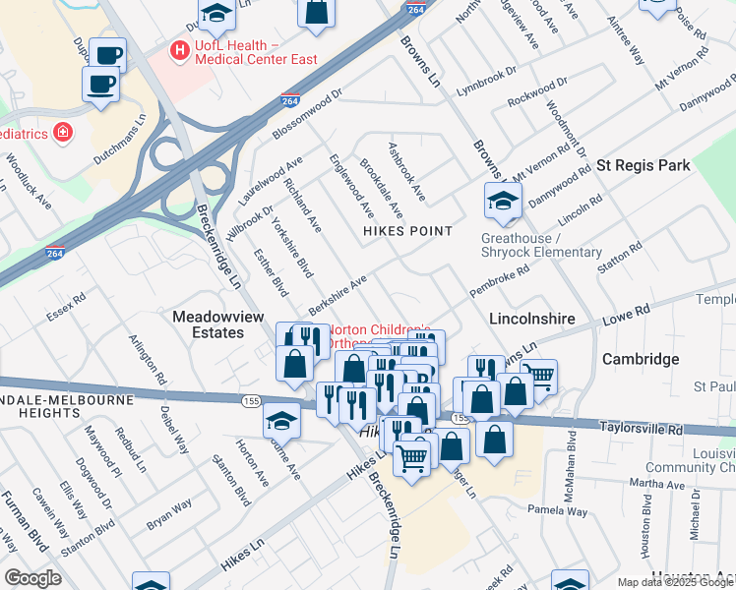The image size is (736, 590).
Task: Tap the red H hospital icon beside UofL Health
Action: click(179, 47)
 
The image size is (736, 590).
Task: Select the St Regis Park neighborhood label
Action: click(644, 165)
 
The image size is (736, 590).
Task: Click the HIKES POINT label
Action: click(407, 231)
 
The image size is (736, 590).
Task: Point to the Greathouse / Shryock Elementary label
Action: click(541, 245)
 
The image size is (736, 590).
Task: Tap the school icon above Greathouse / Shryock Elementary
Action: click(502, 202)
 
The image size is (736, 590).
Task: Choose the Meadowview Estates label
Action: click(222, 324)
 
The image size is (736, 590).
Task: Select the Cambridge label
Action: click(641, 359)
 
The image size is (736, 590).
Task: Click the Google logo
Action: click(32, 577)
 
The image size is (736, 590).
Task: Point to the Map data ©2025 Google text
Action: click(675, 582)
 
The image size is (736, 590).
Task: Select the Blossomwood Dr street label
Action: click(306, 115)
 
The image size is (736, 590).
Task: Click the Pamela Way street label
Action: click(557, 511)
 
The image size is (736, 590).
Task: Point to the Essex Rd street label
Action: click(66, 306)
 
